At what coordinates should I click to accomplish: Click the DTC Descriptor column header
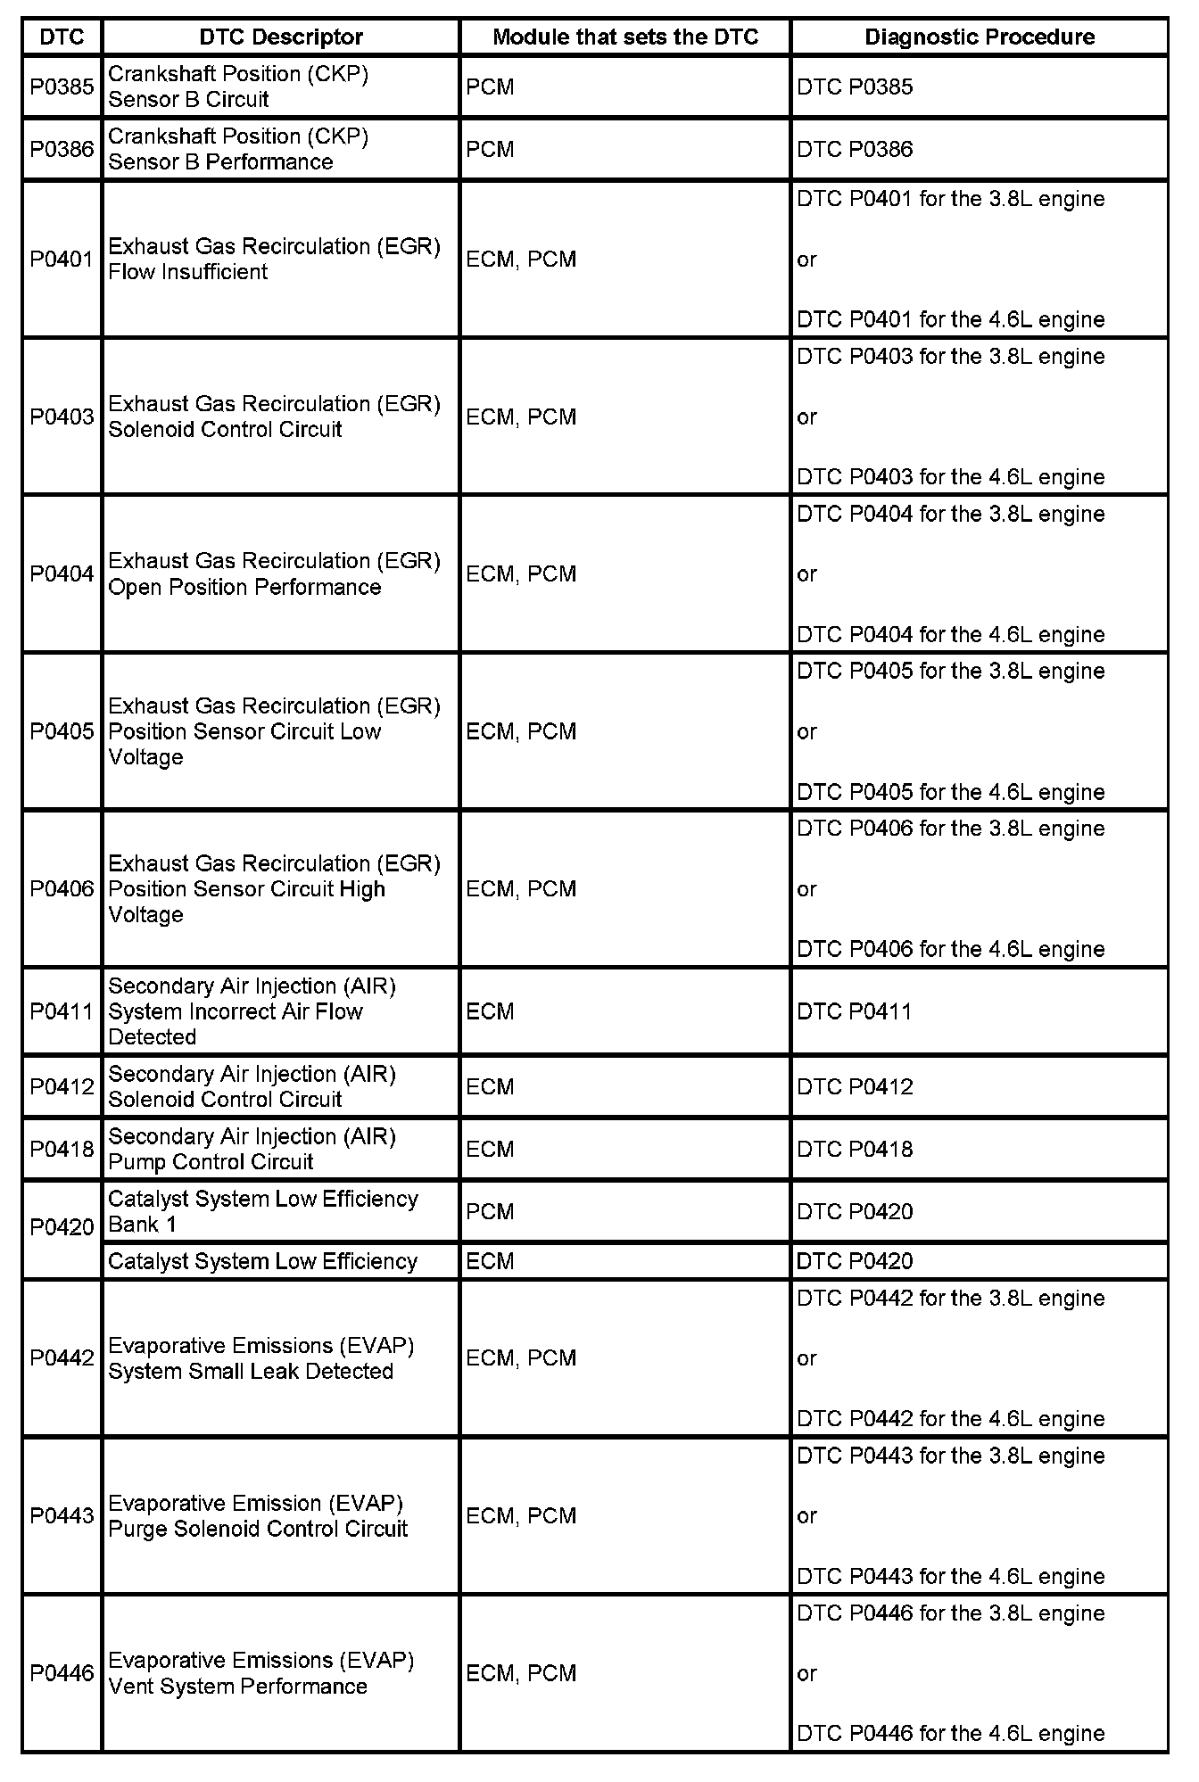pos(280,37)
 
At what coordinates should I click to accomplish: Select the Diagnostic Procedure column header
pos(980,37)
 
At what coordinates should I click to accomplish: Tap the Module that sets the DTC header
pos(624,37)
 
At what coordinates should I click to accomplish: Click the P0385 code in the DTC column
pos(62,87)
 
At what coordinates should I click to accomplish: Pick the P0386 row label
pos(62,149)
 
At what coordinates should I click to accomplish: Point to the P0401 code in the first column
pos(62,260)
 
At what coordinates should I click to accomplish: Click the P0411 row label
pos(62,1011)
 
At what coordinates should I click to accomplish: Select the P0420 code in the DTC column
pos(62,1227)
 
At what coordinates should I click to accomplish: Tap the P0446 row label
pos(62,1673)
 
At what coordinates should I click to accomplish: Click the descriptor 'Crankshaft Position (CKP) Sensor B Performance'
pos(237,149)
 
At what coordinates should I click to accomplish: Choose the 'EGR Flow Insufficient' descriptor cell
pos(274,259)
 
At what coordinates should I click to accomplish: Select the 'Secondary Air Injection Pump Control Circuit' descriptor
pos(252,1149)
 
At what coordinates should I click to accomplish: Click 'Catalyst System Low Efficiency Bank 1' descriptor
pos(262,1211)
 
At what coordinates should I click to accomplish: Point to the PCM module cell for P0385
pos(490,87)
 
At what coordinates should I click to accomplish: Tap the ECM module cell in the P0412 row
pos(490,1086)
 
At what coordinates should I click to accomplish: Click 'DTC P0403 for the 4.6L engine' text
pos(950,477)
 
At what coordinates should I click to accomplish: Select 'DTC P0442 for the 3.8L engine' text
pos(950,1299)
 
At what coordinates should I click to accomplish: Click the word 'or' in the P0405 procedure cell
pos(806,732)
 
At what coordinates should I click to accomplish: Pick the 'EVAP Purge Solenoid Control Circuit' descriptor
pos(257,1515)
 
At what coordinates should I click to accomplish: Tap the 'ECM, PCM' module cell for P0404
pos(521,574)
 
